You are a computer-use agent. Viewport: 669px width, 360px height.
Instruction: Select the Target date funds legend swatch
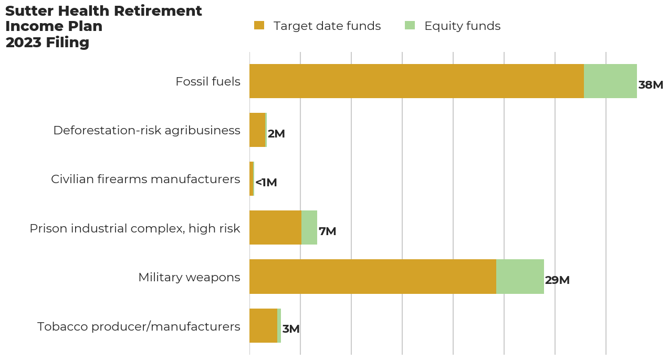(259, 26)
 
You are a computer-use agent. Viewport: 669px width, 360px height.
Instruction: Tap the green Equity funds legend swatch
(410, 26)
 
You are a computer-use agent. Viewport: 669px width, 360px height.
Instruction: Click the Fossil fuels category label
(207, 82)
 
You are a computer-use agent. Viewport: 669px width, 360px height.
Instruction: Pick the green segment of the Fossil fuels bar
(610, 81)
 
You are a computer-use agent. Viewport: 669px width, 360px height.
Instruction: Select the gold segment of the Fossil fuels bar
(416, 81)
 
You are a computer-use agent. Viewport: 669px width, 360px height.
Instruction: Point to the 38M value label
(651, 85)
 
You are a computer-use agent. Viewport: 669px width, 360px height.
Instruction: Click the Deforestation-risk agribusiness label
(147, 131)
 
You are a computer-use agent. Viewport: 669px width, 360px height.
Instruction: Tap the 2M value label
(276, 134)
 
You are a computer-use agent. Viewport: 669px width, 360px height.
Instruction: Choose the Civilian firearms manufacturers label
(145, 179)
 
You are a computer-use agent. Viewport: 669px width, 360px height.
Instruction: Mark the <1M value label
(266, 183)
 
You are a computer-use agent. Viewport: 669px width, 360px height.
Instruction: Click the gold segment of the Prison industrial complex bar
(275, 228)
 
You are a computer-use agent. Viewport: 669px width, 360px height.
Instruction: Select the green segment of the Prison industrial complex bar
(309, 228)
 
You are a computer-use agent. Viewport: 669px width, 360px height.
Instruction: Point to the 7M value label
(327, 231)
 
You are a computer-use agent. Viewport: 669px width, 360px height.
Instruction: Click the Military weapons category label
(189, 277)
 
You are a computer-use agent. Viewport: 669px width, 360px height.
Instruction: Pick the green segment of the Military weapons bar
(520, 277)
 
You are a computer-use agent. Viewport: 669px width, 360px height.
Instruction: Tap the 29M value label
(557, 280)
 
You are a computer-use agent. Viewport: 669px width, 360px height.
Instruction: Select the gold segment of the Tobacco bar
(263, 325)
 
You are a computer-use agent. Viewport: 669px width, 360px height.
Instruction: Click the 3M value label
(291, 329)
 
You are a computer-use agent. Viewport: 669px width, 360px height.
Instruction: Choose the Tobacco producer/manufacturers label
(139, 326)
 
